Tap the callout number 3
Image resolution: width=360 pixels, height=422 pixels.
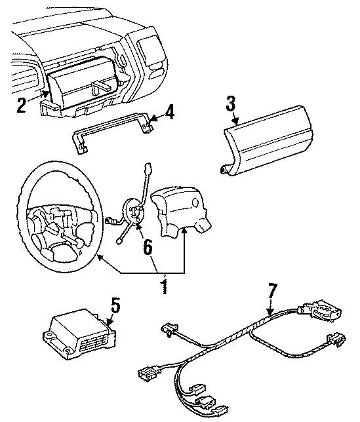point(230,104)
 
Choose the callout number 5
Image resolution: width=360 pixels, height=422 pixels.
point(115,305)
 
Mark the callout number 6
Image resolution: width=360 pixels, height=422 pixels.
point(147,246)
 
